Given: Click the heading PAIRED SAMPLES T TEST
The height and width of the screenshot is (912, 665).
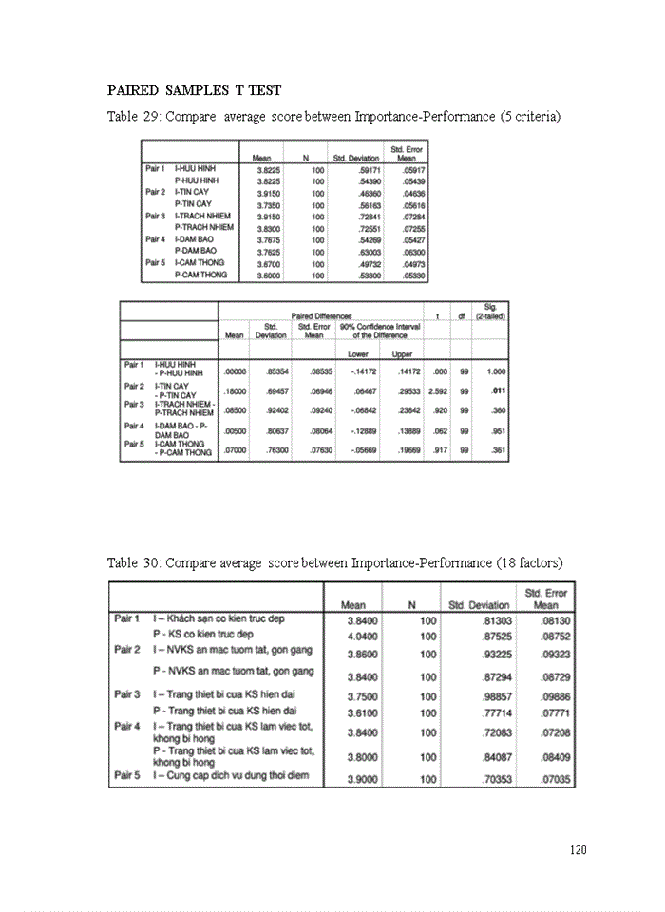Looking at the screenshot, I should [x=194, y=90].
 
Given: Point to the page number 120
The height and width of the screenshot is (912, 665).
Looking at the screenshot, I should [x=578, y=849].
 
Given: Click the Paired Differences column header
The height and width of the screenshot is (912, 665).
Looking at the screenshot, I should [x=320, y=316].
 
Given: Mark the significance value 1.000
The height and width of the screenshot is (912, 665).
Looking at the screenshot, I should [x=492, y=371].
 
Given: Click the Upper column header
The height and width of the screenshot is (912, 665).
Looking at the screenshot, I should [x=402, y=353].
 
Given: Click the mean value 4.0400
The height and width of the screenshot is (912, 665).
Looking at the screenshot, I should [x=363, y=636].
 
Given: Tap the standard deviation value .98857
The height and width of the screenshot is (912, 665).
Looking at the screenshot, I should [x=491, y=695].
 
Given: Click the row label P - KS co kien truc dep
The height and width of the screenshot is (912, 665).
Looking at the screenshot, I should [x=204, y=634].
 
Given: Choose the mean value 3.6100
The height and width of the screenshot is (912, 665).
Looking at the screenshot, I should [x=363, y=712].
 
